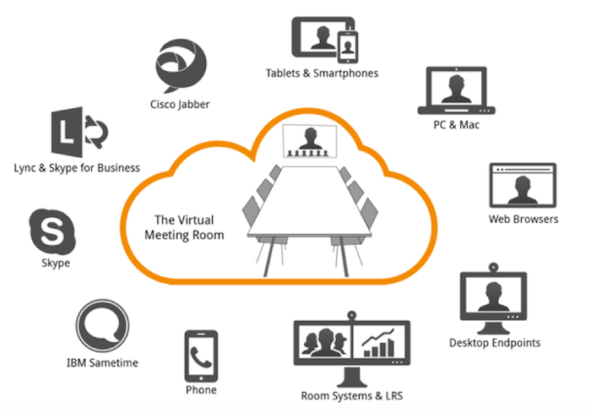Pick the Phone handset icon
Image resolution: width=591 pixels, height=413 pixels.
[x=201, y=355]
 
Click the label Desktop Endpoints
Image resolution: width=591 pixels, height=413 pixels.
[x=494, y=343]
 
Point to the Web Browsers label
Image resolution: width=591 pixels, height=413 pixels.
[x=523, y=220]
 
